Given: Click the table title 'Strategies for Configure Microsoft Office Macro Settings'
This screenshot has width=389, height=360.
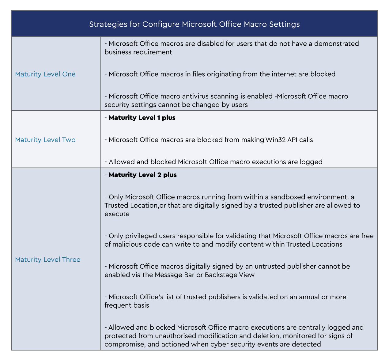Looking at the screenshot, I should point(194,24).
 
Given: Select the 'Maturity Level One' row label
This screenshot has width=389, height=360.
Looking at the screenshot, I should point(45,74).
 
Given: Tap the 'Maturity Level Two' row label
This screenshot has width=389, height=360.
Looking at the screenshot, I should point(45,140).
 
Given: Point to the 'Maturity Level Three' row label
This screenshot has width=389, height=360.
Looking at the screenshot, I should point(48,260).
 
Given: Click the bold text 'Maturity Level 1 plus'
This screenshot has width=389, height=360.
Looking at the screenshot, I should point(142,118).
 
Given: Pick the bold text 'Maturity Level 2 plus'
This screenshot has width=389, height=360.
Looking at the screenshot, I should point(143,175).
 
